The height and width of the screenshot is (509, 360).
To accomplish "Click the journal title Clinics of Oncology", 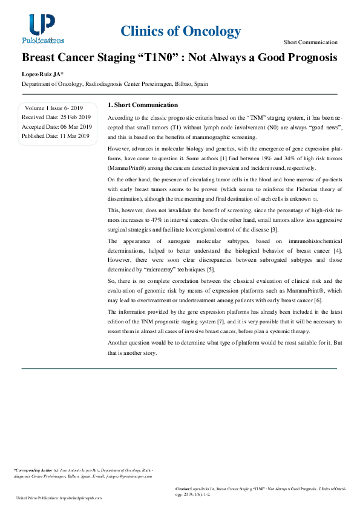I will point(181,31).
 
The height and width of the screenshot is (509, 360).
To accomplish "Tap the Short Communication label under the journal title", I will point(310,42).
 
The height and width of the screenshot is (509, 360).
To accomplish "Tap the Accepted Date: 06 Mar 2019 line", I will point(56,126).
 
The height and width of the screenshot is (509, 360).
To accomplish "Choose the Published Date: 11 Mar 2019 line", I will point(56,136).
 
